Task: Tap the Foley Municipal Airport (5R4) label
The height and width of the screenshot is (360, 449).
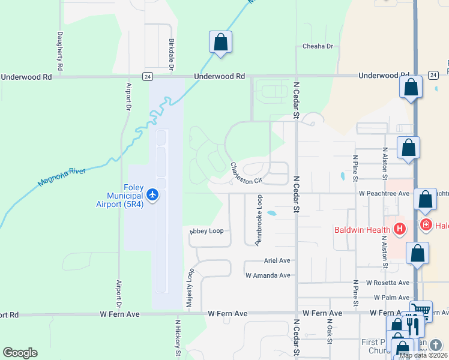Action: click(x=125, y=196)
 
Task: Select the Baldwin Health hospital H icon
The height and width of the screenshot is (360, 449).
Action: click(x=400, y=229)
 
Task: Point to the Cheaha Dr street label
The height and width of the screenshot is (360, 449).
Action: click(x=318, y=46)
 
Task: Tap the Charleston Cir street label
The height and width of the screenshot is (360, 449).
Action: click(x=247, y=173)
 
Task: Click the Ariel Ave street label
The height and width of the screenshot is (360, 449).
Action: click(x=277, y=261)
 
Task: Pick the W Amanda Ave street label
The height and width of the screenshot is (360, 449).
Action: click(x=268, y=275)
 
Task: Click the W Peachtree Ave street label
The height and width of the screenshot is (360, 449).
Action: click(x=384, y=194)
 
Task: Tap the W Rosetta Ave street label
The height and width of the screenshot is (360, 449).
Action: click(x=387, y=283)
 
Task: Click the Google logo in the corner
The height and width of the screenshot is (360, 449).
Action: click(x=20, y=353)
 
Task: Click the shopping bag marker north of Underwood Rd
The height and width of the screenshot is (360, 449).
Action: click(x=220, y=42)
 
